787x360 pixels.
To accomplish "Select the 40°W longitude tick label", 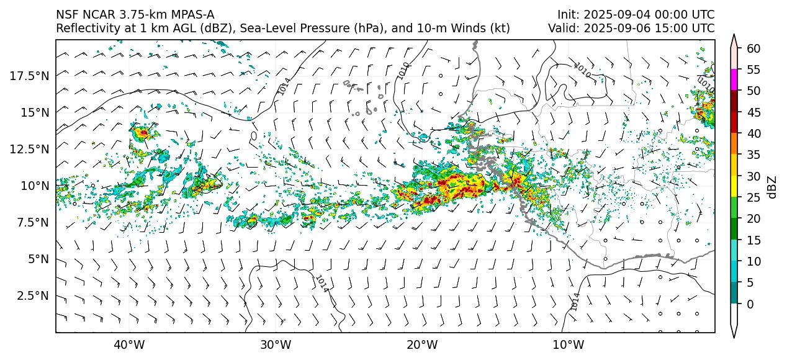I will (129, 344).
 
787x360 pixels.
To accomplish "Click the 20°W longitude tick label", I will (421, 344).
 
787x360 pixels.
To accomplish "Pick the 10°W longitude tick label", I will (568, 344).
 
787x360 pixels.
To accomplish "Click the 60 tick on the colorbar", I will (753, 48).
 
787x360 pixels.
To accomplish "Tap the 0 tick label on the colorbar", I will (750, 304).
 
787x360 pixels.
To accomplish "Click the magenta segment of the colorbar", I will (734, 80).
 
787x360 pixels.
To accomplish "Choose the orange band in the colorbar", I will (734, 144).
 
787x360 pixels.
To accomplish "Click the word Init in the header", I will (567, 14).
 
